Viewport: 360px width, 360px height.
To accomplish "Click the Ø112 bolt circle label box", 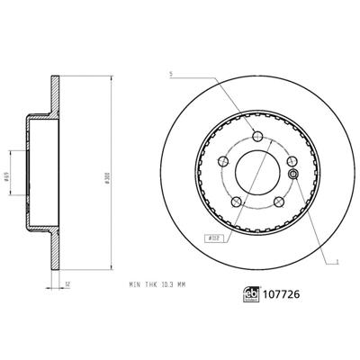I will [214, 239].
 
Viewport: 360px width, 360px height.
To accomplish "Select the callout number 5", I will [168, 75].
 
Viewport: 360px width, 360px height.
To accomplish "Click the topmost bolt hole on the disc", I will [256, 136].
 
